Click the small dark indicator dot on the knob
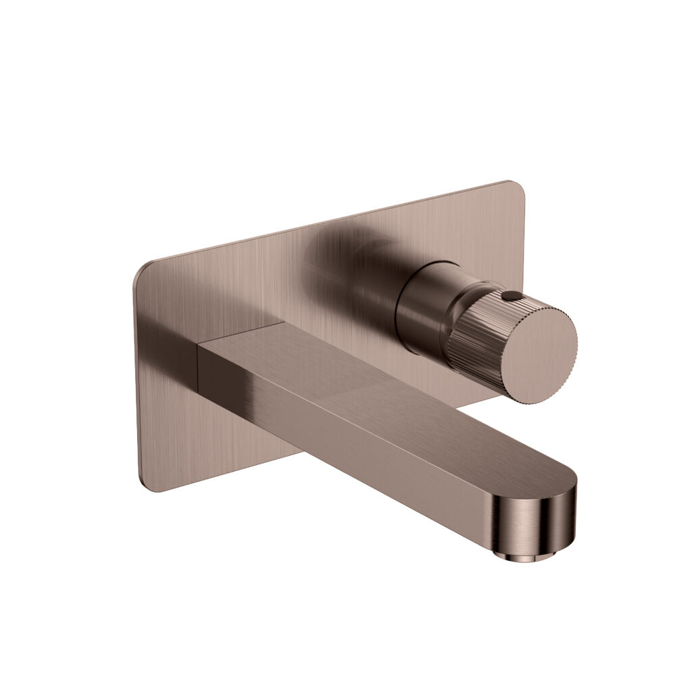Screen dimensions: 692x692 pos(511,295)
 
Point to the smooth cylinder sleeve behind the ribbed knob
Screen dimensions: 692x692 pos(422,304)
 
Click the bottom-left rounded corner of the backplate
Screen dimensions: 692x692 pos(147,483)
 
